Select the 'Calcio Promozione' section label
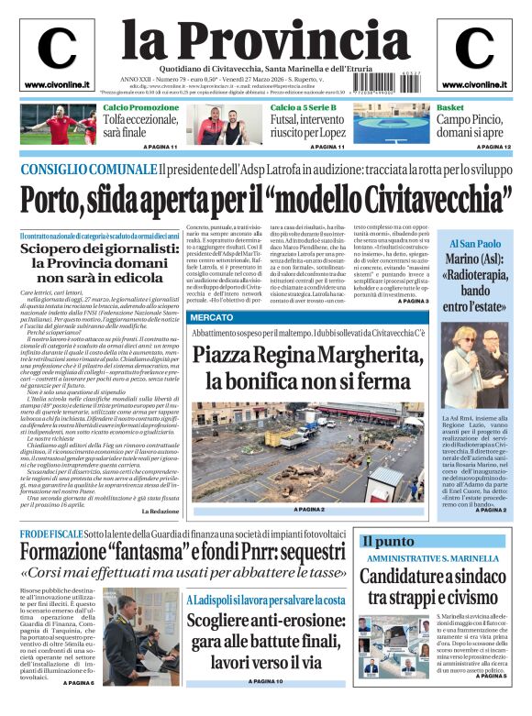tap(141, 108)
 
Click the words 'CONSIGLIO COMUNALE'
tap(87, 170)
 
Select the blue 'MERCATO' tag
tap(211, 316)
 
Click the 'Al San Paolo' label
tap(475, 244)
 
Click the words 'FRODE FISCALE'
tap(50, 534)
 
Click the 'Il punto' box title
tap(389, 542)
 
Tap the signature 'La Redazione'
tap(165, 511)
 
